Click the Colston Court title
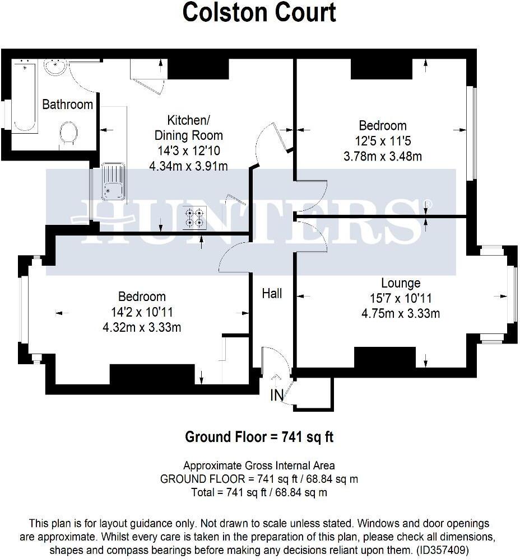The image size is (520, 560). coord(259,12)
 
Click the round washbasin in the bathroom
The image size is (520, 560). coord(56,67)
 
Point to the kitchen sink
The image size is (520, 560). coord(113,182)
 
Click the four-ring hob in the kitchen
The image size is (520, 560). coord(194,217)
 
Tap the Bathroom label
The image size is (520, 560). coord(67,105)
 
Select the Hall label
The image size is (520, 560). coord(272,294)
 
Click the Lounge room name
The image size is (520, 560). coord(401,283)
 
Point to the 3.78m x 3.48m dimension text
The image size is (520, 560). coord(382,156)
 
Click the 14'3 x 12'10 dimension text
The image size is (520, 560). coord(187,151)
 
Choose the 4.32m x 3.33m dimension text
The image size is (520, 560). coord(142,327)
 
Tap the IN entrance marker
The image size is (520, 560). coord(277,396)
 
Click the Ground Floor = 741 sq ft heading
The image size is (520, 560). coord(259,437)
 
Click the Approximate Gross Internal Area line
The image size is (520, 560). coord(259,465)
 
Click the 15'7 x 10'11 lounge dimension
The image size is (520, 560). coord(401,299)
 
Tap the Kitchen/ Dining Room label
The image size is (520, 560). coord(187,128)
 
